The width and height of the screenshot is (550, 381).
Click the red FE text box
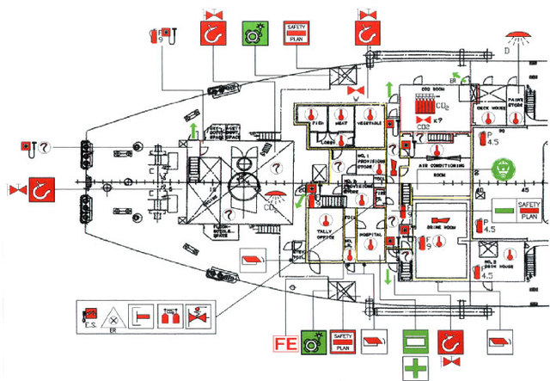pos(285,345)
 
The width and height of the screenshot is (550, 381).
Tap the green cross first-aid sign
pos(416,367)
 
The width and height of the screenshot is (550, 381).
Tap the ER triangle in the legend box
pos(113,315)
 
